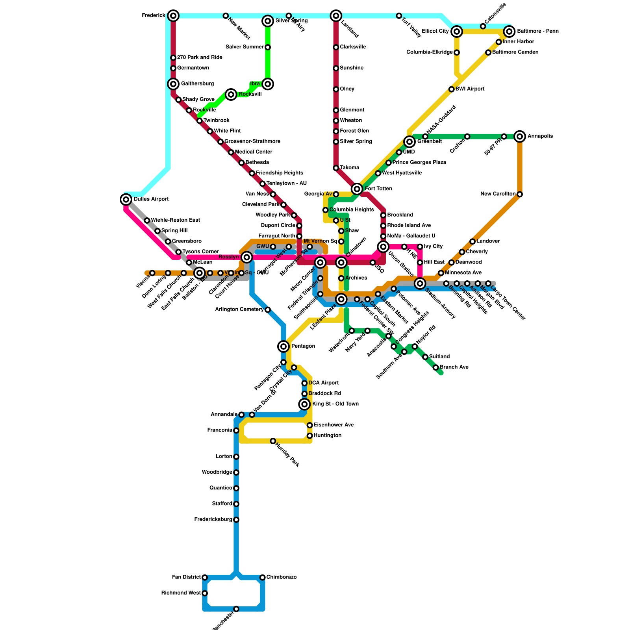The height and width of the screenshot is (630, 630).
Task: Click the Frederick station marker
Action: [x=173, y=16]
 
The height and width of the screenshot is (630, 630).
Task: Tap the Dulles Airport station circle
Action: [x=126, y=200]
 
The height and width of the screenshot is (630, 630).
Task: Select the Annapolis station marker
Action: [x=520, y=136]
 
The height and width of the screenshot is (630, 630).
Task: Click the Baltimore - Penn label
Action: [x=537, y=31]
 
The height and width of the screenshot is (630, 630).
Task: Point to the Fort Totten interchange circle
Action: [x=357, y=189]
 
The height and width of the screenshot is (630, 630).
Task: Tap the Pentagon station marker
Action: [x=283, y=346]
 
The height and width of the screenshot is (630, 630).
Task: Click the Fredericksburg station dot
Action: [x=236, y=520]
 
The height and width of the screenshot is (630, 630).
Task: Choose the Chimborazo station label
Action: [x=281, y=577]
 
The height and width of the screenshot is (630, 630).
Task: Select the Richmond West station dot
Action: [x=205, y=593]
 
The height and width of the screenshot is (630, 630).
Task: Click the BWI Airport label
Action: [x=470, y=89]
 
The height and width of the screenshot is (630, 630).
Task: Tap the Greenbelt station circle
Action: [x=409, y=141]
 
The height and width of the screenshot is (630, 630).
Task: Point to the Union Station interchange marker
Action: [x=383, y=247]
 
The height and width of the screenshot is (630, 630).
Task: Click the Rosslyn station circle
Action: [x=247, y=258]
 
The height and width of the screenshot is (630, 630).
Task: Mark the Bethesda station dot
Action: [x=241, y=163]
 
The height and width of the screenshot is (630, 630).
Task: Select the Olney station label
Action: [x=347, y=89]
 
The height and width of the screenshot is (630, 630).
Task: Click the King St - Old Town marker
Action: [x=304, y=404]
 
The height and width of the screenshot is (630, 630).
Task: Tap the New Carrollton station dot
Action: [x=520, y=194]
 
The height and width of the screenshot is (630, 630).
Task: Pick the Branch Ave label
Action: [x=454, y=367]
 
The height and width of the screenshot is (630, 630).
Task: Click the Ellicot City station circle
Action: [x=457, y=31]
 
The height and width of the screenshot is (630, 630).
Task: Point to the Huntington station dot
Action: [x=310, y=435]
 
